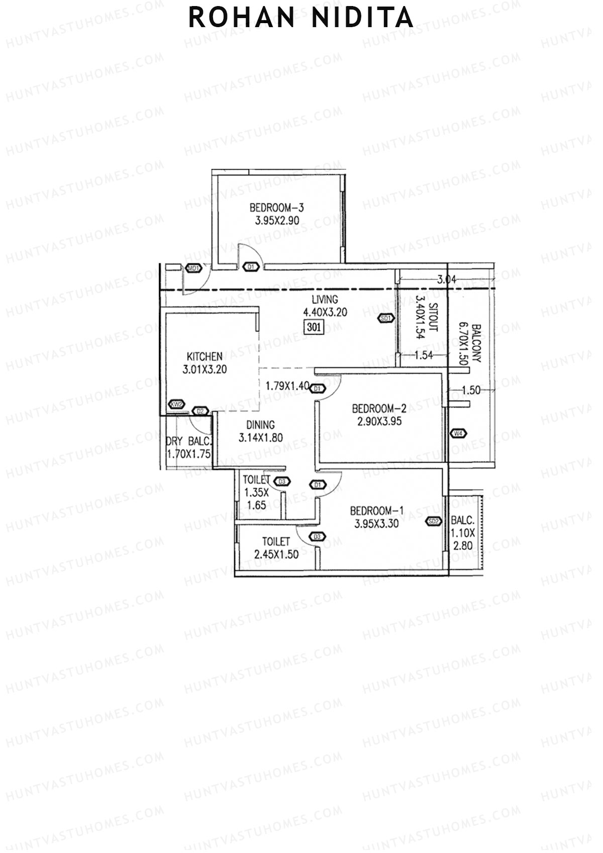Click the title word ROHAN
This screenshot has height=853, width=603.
(242, 18)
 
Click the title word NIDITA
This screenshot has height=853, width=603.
(363, 18)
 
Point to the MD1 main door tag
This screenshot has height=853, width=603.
(193, 268)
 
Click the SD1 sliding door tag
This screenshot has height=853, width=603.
(385, 318)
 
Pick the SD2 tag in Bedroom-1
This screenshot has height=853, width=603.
(434, 521)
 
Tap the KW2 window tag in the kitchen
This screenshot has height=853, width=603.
(176, 404)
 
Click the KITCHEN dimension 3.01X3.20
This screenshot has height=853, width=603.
(205, 369)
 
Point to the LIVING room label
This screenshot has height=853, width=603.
(325, 300)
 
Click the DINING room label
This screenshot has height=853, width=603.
(260, 425)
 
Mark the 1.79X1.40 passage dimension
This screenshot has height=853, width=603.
(287, 386)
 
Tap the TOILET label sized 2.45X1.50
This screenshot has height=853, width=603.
(276, 541)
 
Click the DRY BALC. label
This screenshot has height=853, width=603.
(189, 441)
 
